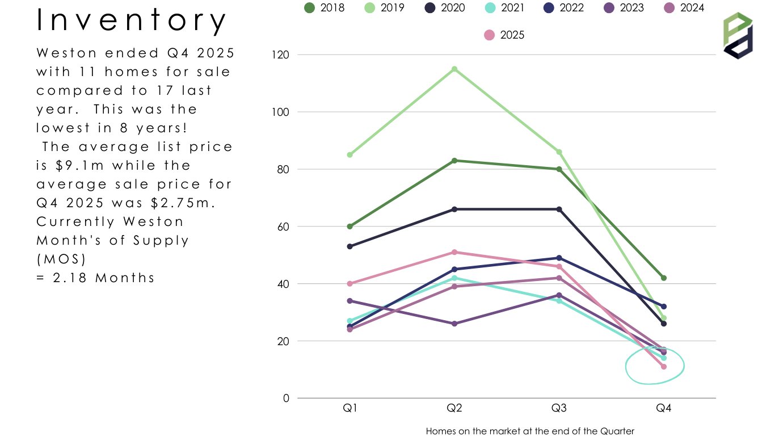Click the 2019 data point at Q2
point(454,69)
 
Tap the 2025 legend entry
point(504,35)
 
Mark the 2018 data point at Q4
point(664,278)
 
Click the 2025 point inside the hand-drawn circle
point(664,367)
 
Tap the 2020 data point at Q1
point(350,246)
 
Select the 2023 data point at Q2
point(454,324)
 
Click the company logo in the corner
point(738,36)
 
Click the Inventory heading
point(132,21)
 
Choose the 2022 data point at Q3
point(559,258)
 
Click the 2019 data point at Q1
point(350,155)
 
